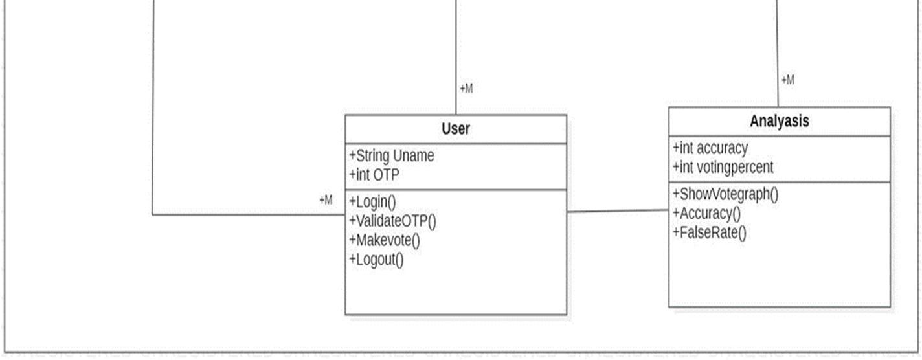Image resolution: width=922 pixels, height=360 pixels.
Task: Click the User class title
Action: coord(456,129)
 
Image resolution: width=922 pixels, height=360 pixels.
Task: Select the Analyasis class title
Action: coord(779,121)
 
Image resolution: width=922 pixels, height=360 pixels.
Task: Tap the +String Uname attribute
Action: coord(392,156)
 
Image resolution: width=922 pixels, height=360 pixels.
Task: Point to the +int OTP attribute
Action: coord(374,175)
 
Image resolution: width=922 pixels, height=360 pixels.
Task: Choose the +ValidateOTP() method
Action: coord(393,221)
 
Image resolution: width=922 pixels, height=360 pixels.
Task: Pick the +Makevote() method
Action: coord(385,240)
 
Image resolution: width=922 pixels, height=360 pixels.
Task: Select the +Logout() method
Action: coord(376,260)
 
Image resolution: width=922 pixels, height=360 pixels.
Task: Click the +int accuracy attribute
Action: coord(710,148)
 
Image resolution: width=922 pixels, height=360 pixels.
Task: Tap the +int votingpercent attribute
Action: coord(723,167)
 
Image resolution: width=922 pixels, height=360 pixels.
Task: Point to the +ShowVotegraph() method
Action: coord(726,194)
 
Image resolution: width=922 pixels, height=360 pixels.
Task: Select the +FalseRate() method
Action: coord(710,232)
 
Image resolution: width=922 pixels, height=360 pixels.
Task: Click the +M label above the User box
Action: coord(466,89)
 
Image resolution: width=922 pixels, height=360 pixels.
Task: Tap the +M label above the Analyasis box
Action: coord(788,80)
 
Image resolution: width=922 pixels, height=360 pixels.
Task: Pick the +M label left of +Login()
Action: coord(326,201)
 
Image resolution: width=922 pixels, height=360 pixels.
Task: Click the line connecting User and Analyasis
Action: coord(618,211)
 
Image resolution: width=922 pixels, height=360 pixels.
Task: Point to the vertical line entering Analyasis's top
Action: coord(778,52)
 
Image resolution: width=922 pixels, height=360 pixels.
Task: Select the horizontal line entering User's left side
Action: coord(246,214)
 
